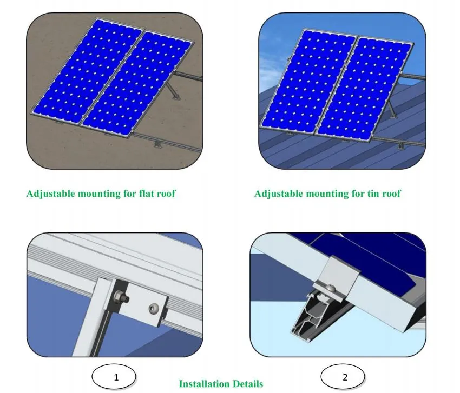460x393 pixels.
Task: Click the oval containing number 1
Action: [115, 377]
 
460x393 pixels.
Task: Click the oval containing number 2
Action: [345, 377]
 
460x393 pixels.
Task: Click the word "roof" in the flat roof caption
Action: [165, 194]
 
